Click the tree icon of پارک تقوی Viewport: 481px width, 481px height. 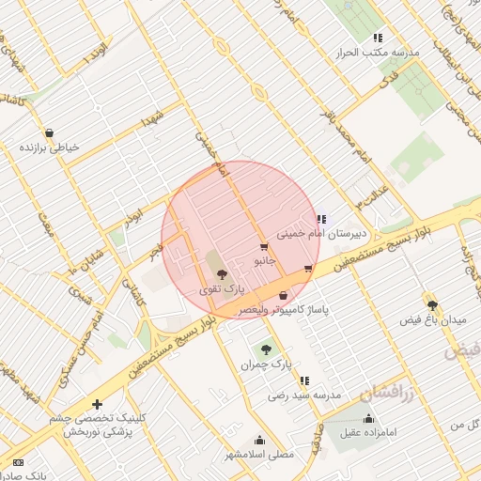click(x=221, y=275)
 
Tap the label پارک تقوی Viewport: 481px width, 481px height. click(x=218, y=290)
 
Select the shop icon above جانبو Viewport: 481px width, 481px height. click(x=262, y=248)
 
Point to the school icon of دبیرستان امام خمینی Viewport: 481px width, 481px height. click(x=321, y=219)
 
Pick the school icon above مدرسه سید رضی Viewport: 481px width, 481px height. click(x=304, y=380)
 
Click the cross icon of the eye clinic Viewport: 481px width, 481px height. click(x=97, y=404)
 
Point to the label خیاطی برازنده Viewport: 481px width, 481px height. click(x=50, y=147)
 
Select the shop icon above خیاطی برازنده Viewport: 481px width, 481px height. click(x=48, y=133)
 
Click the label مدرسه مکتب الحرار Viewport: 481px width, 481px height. click(x=378, y=53)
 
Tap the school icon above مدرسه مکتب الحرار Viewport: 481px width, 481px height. click(x=378, y=38)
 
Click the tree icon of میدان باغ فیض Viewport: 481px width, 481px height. click(x=432, y=305)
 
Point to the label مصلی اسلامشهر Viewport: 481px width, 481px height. click(x=258, y=455)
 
